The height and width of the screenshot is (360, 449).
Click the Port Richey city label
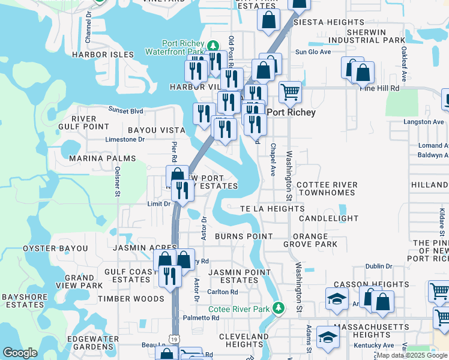pyautogui.click(x=291, y=112)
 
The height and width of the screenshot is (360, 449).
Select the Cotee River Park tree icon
pyautogui.click(x=278, y=308)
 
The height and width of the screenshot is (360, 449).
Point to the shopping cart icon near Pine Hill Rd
pyautogui.click(x=290, y=92)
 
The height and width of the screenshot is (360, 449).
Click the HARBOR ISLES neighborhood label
pyautogui.click(x=102, y=55)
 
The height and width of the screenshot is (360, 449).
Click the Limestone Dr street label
pyautogui.click(x=125, y=139)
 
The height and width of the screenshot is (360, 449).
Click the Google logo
pyautogui.click(x=20, y=353)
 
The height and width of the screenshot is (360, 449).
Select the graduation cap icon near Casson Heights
pyautogui.click(x=337, y=297)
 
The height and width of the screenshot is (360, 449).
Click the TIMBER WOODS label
pyautogui.click(x=131, y=299)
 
